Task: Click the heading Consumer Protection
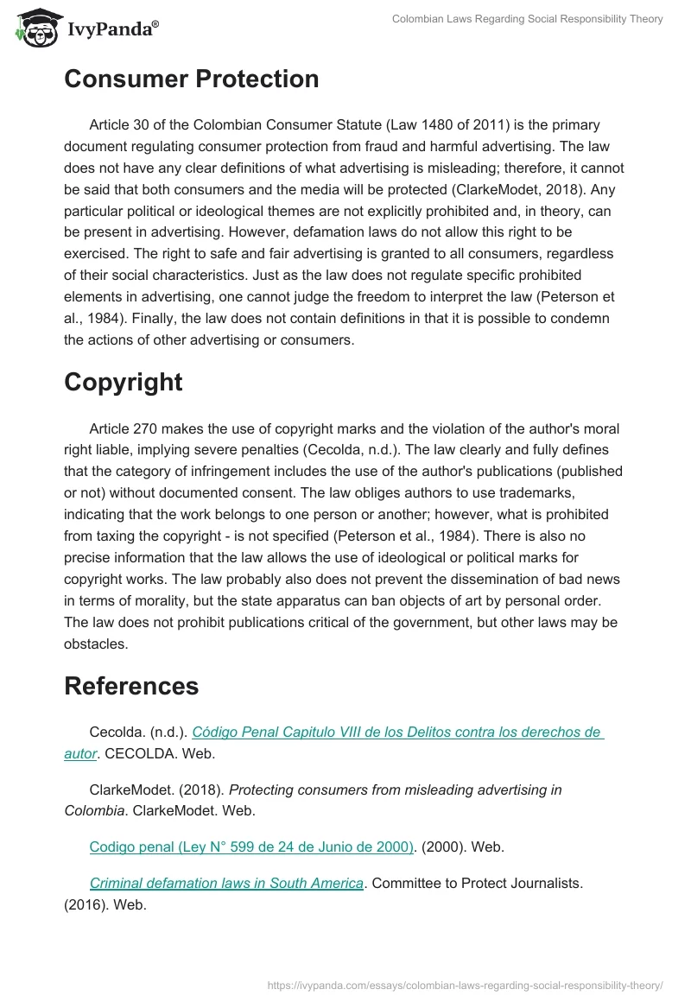pyautogui.click(x=191, y=79)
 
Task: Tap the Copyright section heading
pyautogui.click(x=123, y=383)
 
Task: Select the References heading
pyautogui.click(x=131, y=686)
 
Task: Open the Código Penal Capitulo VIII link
pyautogui.click(x=396, y=732)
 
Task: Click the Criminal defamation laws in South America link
pyautogui.click(x=226, y=883)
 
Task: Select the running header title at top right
pyautogui.click(x=527, y=19)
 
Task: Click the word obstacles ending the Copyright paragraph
pyautogui.click(x=95, y=644)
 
